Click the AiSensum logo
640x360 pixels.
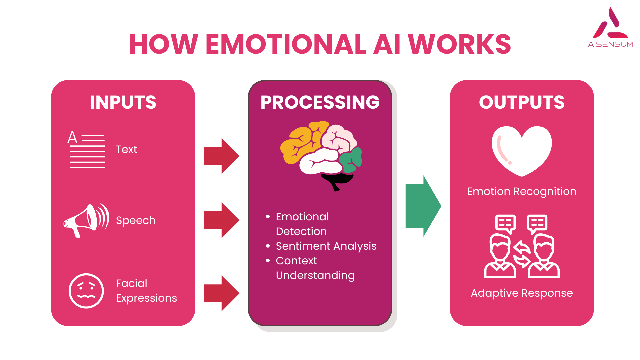point(610,28)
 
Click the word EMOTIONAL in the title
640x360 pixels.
point(286,44)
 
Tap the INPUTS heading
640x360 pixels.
point(123,102)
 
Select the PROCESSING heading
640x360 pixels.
point(320,102)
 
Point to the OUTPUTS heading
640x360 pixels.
point(522,102)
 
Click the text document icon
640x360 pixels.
point(87,150)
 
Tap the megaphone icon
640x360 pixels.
point(86,220)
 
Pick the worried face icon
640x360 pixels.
point(86,291)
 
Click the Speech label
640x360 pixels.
point(136,220)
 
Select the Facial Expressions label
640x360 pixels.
point(146,291)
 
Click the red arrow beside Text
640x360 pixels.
point(221,156)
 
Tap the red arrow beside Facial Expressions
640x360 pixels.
point(221,293)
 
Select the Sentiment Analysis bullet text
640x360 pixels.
point(326,246)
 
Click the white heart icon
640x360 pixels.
point(522,150)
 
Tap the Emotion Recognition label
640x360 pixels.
point(522,191)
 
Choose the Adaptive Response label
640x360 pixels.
point(522,293)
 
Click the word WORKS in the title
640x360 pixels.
point(459,44)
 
